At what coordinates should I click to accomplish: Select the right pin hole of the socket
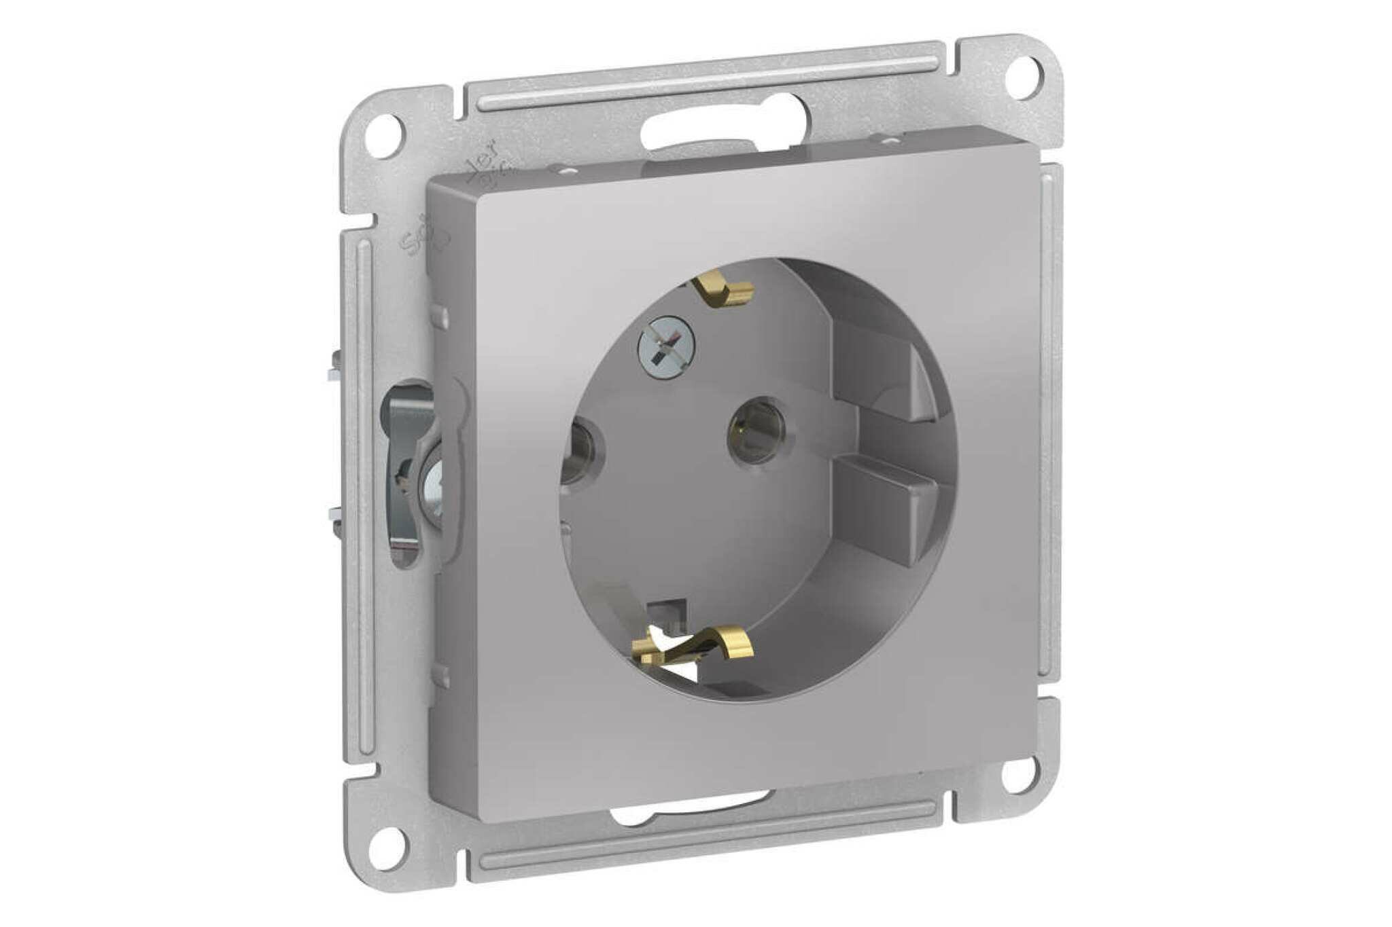pos(756,431)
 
